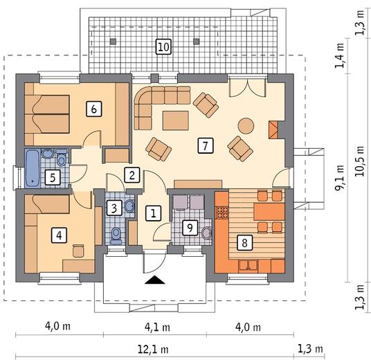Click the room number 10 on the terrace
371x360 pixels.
[x=163, y=47]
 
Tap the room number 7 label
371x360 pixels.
[x=206, y=145]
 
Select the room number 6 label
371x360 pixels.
[x=94, y=109]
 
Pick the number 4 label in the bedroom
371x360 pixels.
[x=59, y=235]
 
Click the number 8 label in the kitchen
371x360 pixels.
[x=244, y=242]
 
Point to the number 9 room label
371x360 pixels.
[x=190, y=228]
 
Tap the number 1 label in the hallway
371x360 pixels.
[x=154, y=213]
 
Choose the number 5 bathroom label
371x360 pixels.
[x=53, y=177]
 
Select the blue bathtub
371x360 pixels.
[x=33, y=168]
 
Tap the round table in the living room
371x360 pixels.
[x=246, y=126]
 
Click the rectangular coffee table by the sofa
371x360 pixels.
[x=176, y=120]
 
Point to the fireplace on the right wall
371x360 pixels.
[x=273, y=130]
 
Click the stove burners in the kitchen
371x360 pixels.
[x=222, y=213]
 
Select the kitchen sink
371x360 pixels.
[x=248, y=265]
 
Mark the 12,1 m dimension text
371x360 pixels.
[x=153, y=349]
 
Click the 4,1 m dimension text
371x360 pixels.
[x=157, y=327]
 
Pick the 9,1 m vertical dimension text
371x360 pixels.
[x=340, y=177]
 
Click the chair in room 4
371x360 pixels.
[x=78, y=251]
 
